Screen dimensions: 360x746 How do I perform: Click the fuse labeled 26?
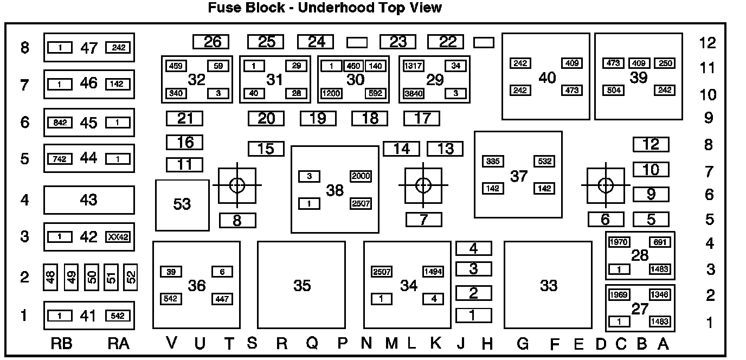point(211,42)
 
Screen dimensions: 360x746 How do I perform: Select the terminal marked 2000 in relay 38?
point(361,176)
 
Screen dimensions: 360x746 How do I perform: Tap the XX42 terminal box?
point(118,237)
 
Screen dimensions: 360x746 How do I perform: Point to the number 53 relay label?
point(182,204)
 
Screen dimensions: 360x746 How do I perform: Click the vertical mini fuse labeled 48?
point(50,278)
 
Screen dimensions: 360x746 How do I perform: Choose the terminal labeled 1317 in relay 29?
point(414,66)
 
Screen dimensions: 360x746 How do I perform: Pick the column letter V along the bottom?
point(172,343)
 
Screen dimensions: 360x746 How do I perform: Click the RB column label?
point(62,343)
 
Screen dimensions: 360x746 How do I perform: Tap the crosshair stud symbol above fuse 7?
point(423,185)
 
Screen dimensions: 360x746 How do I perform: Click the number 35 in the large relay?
point(302,286)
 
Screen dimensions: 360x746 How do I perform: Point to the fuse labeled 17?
point(422,118)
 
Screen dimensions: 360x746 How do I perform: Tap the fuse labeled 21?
point(184,118)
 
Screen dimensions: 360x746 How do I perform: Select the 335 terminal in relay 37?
point(493,162)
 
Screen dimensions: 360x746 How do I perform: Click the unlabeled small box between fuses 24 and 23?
point(357,42)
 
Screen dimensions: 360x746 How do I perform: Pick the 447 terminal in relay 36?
point(222,299)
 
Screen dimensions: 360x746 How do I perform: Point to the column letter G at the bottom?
point(522,343)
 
